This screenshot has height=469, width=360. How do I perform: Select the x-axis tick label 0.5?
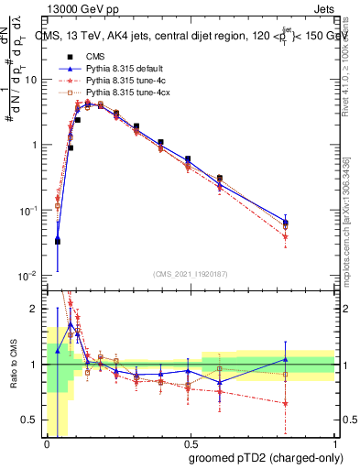[x=191, y=443]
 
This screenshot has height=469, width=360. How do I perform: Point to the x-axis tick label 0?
[x=47, y=443]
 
